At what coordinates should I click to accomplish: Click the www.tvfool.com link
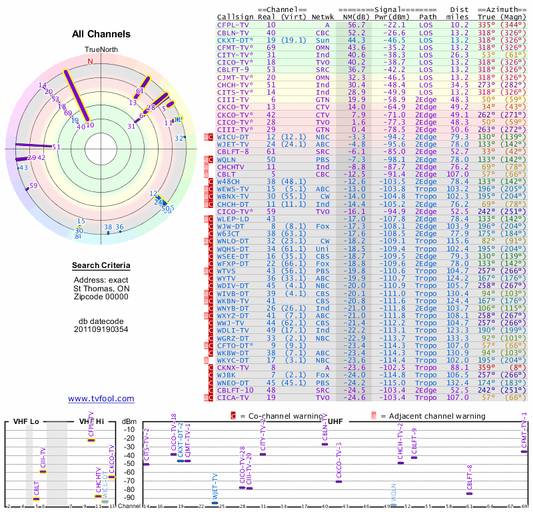click(101, 399)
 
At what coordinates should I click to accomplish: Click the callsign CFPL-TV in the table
click(233, 24)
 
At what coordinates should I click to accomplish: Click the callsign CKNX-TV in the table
click(233, 367)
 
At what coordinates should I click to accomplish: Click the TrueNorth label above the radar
click(101, 50)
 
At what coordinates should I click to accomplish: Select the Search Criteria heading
click(101, 266)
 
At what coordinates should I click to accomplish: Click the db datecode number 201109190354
click(101, 329)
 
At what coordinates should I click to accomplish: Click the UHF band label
click(336, 422)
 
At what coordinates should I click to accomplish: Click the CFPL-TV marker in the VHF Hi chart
click(92, 441)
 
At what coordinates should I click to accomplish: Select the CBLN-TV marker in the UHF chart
click(324, 444)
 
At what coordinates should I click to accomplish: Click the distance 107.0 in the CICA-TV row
click(458, 397)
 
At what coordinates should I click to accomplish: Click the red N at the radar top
click(91, 61)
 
